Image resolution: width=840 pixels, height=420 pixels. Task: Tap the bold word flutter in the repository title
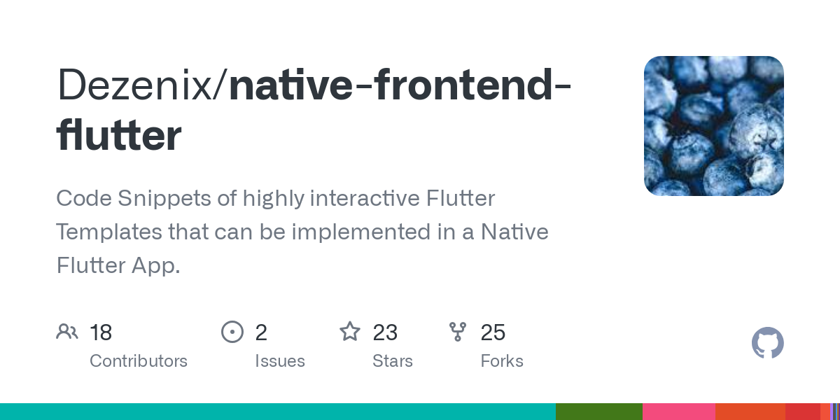pyautogui.click(x=118, y=136)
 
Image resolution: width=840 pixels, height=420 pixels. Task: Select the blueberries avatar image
pyautogui.click(x=713, y=126)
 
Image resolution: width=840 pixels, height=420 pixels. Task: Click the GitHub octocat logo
pyautogui.click(x=767, y=343)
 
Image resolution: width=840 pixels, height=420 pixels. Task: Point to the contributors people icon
pyautogui.click(x=67, y=332)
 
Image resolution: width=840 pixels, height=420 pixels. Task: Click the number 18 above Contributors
pyautogui.click(x=101, y=332)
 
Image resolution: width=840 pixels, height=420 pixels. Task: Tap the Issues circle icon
pyautogui.click(x=232, y=332)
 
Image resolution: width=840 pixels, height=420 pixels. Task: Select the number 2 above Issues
pyautogui.click(x=261, y=332)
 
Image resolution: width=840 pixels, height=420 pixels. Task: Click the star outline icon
pyautogui.click(x=350, y=331)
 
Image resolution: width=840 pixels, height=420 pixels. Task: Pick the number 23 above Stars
pyautogui.click(x=385, y=332)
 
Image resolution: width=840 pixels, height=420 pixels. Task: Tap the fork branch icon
pyautogui.click(x=458, y=332)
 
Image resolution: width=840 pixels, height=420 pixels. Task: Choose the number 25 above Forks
pyautogui.click(x=493, y=332)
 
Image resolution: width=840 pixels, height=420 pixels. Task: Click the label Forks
pyautogui.click(x=502, y=361)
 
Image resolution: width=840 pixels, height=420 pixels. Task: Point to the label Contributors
pyautogui.click(x=139, y=361)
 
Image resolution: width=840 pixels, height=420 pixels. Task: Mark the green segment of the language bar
pyautogui.click(x=598, y=412)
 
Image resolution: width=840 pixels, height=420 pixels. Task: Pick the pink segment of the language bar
pyautogui.click(x=678, y=412)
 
